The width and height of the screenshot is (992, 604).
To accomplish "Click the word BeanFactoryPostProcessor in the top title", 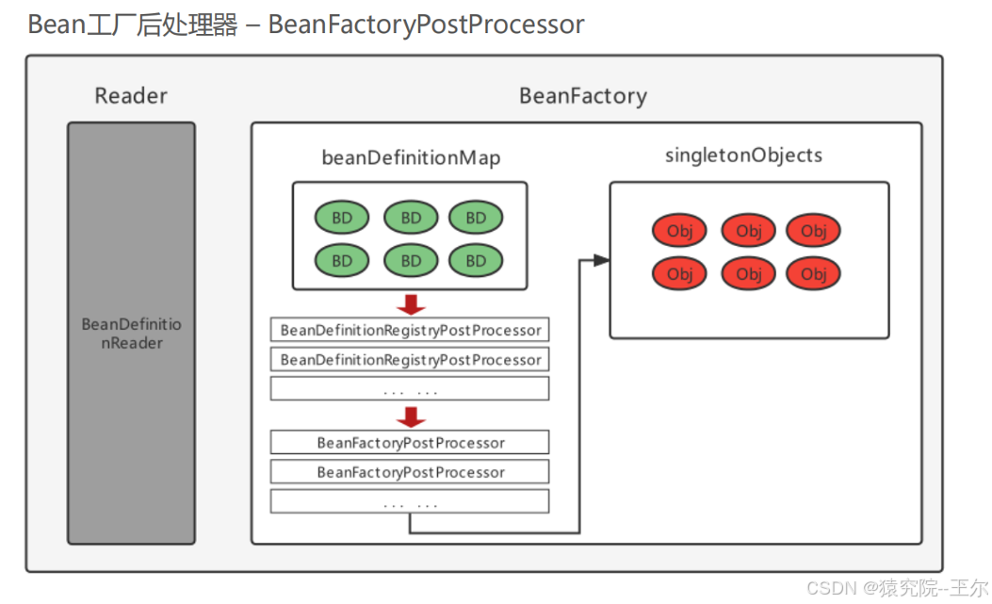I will coord(426,24).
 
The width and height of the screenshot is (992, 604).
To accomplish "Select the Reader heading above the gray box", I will coord(131,95).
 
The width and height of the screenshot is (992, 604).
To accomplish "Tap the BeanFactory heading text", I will coord(583,95).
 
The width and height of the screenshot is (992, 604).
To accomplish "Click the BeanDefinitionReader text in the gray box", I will coord(131,334).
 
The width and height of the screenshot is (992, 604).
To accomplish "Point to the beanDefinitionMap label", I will coord(411,157).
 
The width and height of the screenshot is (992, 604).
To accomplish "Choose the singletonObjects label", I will coord(743,155).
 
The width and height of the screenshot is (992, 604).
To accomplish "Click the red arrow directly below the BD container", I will coord(411,304).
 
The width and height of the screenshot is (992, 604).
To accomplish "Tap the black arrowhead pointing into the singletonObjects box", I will coord(600,260).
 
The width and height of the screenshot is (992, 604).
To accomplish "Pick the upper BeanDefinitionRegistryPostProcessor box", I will coord(410,330).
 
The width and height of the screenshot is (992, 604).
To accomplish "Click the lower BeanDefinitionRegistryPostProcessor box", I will coord(410,359).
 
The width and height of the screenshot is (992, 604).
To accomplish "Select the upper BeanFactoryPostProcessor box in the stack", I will coord(410,442).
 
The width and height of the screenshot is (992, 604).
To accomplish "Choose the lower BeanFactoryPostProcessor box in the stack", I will coord(410,471).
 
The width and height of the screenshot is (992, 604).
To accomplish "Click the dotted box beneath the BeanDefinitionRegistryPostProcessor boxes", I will coord(410,388).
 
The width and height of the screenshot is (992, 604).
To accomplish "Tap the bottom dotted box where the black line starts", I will coord(410,501).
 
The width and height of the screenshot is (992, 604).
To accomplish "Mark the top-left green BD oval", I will coord(342,218).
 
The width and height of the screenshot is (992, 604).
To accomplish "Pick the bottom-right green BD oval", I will coord(476,260).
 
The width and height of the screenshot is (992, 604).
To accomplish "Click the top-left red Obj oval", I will coord(679,231).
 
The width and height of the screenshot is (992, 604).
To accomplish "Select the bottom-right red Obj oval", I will coord(813,274).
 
